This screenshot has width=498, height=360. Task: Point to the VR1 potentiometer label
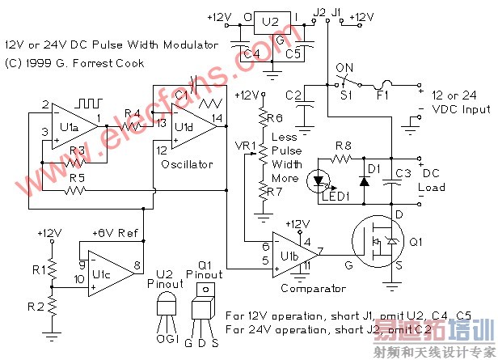(x=244, y=146)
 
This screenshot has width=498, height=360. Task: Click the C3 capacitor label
(x=402, y=173)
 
